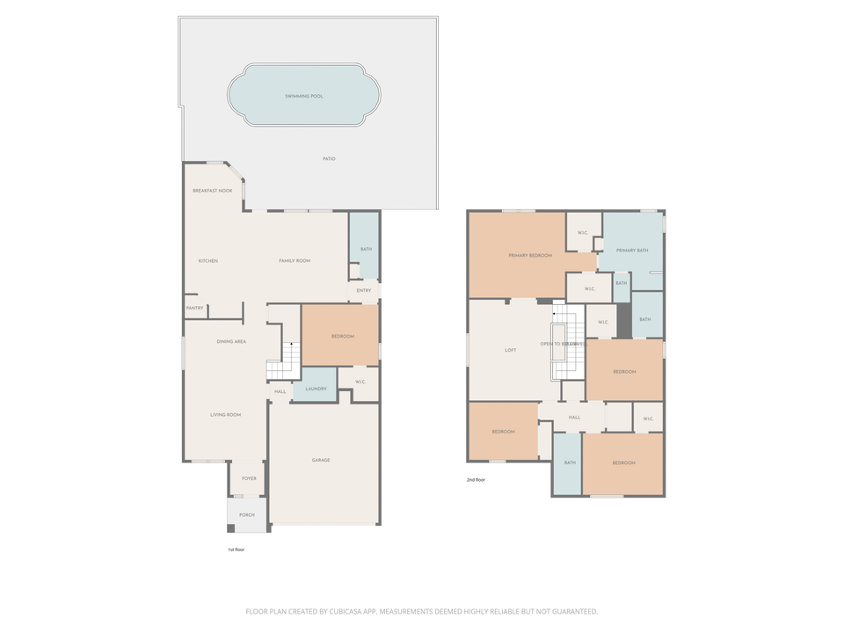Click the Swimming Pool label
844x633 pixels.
click(304, 96)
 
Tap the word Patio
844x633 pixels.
click(329, 159)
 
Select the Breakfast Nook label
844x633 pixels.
click(213, 191)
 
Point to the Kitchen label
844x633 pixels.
click(207, 261)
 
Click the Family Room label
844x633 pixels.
click(295, 261)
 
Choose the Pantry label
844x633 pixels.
click(194, 308)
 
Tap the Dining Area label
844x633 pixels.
click(231, 341)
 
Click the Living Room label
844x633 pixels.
click(225, 415)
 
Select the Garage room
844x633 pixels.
click(321, 460)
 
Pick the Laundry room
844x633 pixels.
click(316, 389)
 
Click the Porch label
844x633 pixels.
click(247, 515)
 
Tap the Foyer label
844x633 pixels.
click(249, 479)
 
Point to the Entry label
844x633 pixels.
click(364, 290)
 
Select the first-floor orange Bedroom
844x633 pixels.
click(342, 337)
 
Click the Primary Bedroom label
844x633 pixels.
click(530, 255)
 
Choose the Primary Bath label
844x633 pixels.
click(632, 251)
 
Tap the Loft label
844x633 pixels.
click(511, 350)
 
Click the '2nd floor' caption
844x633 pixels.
click(476, 480)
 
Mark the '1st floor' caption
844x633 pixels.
click(236, 549)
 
